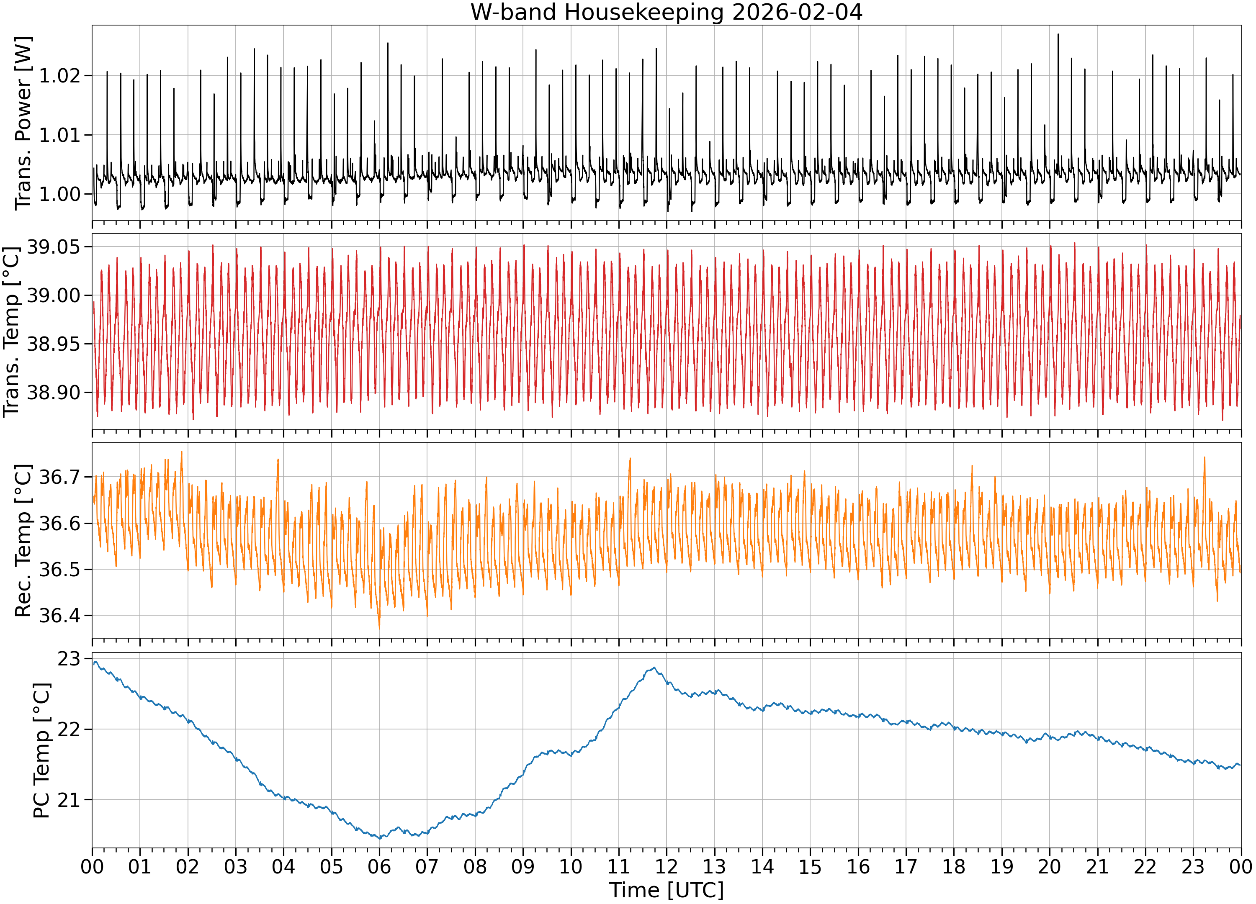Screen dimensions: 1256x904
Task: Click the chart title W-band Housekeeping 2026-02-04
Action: click(666, 12)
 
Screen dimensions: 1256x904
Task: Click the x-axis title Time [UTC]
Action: click(666, 890)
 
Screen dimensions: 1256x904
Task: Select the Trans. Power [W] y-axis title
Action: click(23, 123)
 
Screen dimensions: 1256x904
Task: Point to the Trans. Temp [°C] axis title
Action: click(12, 331)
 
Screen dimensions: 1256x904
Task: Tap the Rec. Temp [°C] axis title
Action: click(23, 540)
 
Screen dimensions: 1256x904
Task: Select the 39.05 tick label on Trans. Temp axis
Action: click(54, 247)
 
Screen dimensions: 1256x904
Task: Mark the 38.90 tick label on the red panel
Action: click(54, 393)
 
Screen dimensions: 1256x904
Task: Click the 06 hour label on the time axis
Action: click(379, 866)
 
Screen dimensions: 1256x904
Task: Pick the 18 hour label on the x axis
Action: click(954, 866)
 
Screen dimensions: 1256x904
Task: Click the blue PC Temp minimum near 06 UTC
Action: click(380, 839)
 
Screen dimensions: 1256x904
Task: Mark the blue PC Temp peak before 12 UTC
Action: click(654, 668)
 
